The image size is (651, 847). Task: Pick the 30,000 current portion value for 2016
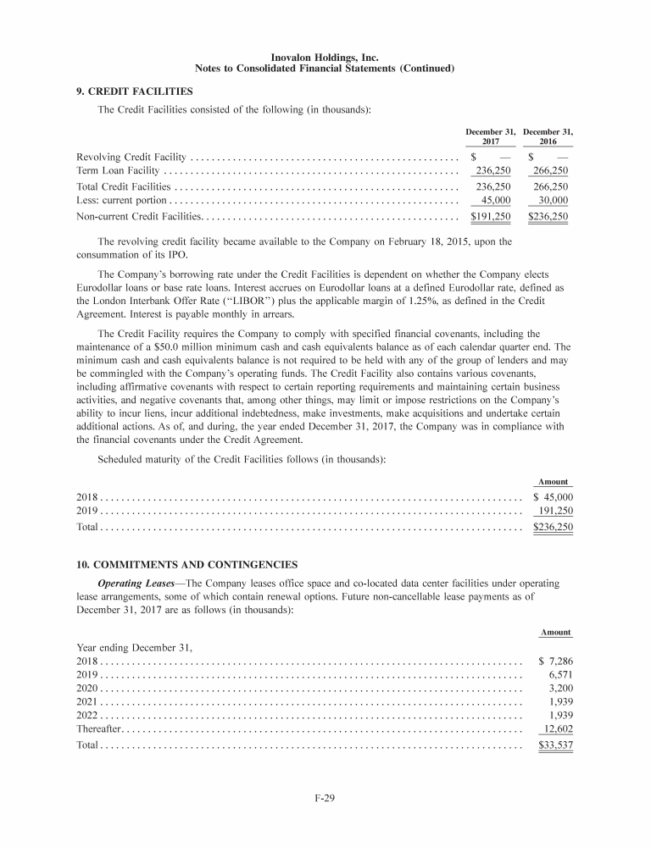point(553,200)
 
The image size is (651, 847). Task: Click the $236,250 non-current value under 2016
point(548,217)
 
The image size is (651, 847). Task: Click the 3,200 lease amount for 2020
point(561,689)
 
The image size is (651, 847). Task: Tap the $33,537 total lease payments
point(556,746)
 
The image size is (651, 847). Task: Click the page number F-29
point(325,818)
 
